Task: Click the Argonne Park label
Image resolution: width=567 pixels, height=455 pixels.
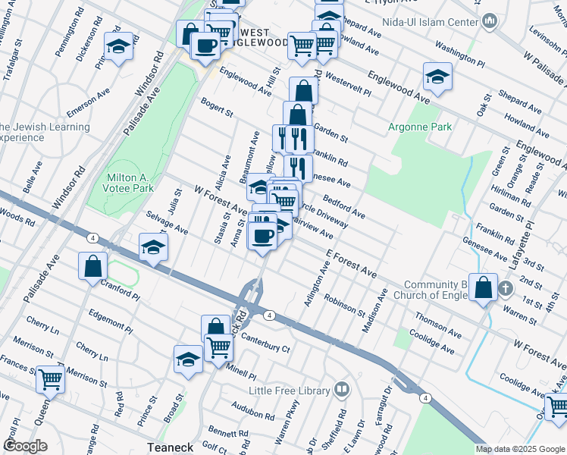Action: click(x=419, y=126)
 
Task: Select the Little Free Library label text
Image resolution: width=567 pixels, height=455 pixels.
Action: click(x=290, y=391)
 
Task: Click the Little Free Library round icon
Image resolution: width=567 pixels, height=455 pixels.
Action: click(x=342, y=390)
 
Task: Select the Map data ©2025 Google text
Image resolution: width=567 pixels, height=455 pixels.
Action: click(x=520, y=449)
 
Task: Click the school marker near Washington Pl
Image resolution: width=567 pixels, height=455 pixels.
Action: click(x=437, y=77)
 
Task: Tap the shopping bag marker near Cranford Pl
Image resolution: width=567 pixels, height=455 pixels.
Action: click(x=92, y=267)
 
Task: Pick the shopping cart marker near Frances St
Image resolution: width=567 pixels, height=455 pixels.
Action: click(x=51, y=379)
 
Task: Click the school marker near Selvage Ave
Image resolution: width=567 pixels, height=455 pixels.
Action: click(x=153, y=247)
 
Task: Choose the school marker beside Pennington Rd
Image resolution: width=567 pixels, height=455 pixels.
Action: click(x=118, y=47)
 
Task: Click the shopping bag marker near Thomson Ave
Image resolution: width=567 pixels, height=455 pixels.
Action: click(x=483, y=287)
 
